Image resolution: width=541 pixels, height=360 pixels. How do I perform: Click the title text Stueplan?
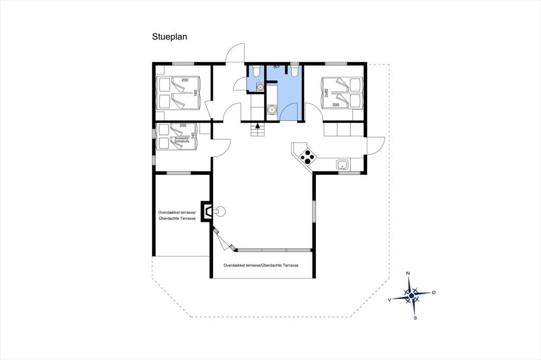pos(170,37)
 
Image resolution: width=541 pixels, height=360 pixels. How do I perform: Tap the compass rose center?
pos(411,296)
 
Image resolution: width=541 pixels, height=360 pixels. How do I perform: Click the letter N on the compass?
pos(408,273)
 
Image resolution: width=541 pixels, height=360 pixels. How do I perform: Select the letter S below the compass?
pos(415,318)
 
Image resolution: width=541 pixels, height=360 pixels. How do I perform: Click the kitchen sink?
pos(343,165)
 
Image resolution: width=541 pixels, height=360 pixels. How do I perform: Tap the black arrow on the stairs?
pos(257,126)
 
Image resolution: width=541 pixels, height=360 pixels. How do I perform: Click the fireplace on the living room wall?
pos(208,211)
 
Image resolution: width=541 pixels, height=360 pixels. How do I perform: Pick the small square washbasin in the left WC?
pos(260,88)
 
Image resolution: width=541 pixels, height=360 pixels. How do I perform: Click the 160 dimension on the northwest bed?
pos(195,93)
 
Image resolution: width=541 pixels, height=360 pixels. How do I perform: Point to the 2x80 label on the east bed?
pos(326,93)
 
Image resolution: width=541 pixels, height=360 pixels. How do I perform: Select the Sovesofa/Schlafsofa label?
pos(182,140)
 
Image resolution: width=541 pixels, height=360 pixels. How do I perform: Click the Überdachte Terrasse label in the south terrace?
pos(280,266)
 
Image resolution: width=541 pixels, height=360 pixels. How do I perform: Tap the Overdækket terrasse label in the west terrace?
pos(177,212)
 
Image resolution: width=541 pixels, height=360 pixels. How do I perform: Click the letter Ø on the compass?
pos(434,292)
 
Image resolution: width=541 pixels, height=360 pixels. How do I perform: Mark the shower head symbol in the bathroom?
pos(276,67)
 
